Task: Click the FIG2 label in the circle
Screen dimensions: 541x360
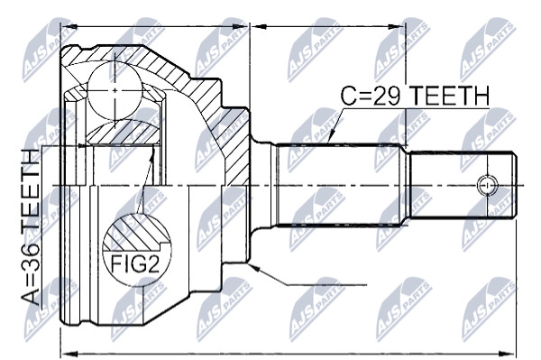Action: [135, 264]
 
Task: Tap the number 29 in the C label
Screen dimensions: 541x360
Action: [387, 96]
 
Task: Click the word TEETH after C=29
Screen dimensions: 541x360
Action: [449, 96]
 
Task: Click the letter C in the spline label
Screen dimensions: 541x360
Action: [349, 96]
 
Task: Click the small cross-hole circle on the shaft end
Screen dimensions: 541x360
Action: [487, 185]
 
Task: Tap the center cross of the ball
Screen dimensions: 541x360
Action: [115, 90]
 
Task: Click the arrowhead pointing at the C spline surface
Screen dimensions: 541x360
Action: [331, 136]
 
